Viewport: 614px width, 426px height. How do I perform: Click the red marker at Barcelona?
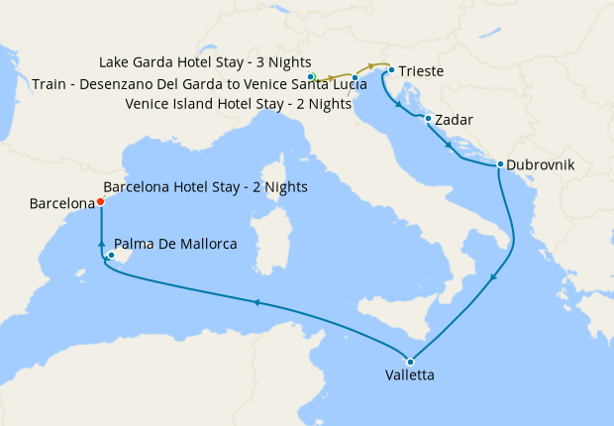tap(101, 203)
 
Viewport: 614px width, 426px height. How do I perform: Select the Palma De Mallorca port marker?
tap(112, 256)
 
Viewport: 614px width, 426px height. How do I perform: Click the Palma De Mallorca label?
tap(175, 243)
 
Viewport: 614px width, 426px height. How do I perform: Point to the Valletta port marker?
tap(410, 361)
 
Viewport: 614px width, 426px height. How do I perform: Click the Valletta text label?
tap(409, 376)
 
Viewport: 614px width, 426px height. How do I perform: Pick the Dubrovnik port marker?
tap(500, 164)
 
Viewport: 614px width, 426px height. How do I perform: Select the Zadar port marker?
tap(427, 119)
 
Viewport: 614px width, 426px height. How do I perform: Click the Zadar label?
tap(454, 120)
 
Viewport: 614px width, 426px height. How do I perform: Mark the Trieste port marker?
tap(391, 70)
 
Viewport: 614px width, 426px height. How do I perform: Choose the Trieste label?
tap(421, 71)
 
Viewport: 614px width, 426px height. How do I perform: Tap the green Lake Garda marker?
tap(311, 76)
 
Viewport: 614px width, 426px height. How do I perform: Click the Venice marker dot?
tap(355, 77)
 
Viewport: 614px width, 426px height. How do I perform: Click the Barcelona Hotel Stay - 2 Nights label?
tap(205, 187)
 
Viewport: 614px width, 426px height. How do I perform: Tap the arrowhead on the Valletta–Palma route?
tap(256, 303)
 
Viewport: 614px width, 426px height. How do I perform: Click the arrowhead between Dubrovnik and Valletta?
tap(491, 278)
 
